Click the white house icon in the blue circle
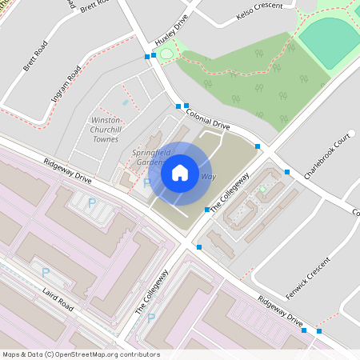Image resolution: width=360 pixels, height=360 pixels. [180, 173]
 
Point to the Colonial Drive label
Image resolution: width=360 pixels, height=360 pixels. [208, 121]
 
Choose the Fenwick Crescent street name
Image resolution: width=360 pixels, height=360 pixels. [307, 275]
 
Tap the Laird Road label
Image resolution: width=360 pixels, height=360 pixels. [59, 300]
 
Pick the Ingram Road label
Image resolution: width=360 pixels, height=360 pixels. [66, 86]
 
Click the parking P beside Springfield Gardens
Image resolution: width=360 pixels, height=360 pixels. [146, 182]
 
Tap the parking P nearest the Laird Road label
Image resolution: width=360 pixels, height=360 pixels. [46, 272]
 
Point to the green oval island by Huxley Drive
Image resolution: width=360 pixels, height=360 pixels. [166, 54]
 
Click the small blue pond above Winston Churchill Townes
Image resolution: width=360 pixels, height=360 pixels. [124, 102]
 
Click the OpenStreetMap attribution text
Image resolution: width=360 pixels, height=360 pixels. [81, 354]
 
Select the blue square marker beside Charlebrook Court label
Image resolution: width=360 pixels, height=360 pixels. [286, 172]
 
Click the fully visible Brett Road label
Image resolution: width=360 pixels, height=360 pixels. [36, 56]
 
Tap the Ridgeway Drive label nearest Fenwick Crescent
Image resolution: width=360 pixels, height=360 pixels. [281, 310]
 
